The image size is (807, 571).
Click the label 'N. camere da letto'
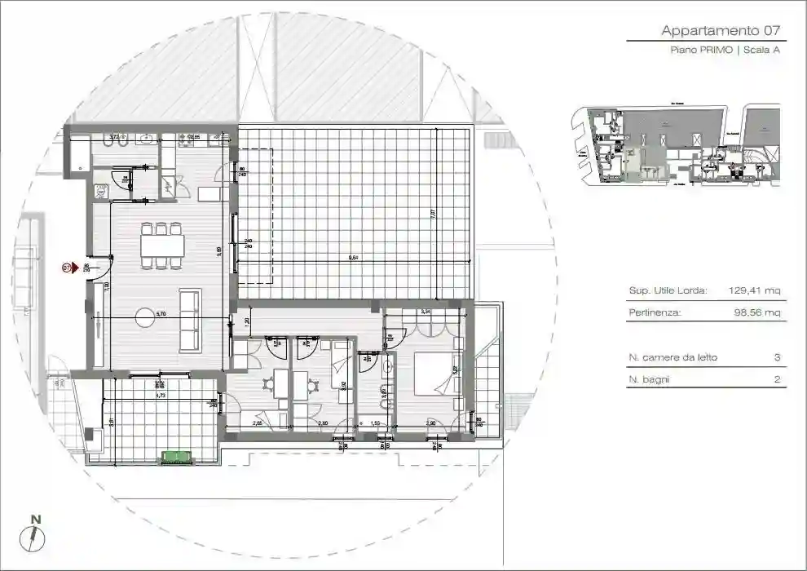673,358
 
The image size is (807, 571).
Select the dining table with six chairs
161,245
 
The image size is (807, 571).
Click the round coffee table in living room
145,317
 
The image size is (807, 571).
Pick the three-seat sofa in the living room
189,321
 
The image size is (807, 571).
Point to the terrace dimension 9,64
353,258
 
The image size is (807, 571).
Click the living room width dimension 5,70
161,313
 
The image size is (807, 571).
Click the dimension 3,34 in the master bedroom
425,312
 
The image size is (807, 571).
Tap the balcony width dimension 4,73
161,395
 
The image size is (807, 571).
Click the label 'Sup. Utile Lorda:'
668,290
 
